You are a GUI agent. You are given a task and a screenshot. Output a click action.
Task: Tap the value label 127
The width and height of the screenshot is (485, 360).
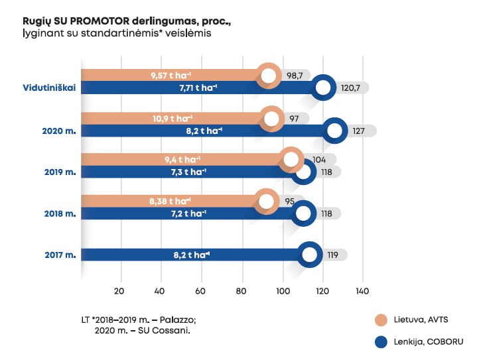[358, 131]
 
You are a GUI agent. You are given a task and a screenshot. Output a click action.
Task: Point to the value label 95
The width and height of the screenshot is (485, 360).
[289, 201]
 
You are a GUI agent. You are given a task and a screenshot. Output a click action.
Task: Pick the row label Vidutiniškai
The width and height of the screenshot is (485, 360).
[48, 87]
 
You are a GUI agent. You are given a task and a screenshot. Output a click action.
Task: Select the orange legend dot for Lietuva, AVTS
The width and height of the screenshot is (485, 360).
[381, 320]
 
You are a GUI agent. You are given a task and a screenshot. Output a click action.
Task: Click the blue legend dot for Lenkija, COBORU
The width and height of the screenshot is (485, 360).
[381, 343]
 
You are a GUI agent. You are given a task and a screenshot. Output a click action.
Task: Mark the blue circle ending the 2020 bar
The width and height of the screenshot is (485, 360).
[335, 131]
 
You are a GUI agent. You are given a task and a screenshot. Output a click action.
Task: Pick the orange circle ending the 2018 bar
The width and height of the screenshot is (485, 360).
[267, 201]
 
